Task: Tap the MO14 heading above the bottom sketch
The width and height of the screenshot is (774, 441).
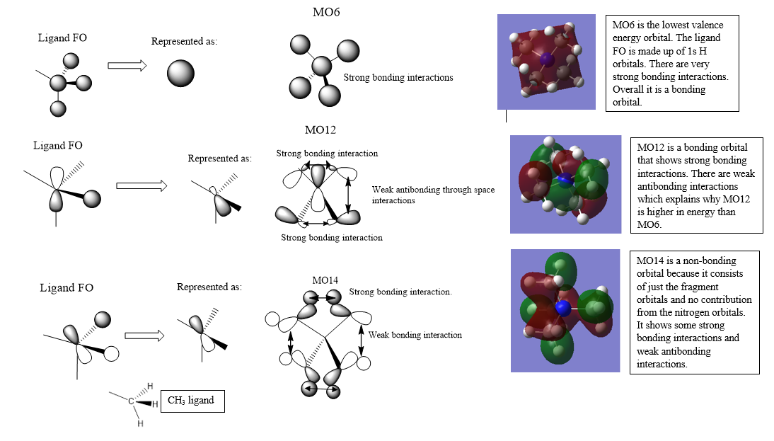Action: (x=325, y=280)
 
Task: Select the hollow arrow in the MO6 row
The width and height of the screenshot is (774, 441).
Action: (x=127, y=66)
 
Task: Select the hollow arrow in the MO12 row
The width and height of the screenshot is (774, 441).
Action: (x=141, y=185)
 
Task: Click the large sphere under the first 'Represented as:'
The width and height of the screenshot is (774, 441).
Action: (x=180, y=74)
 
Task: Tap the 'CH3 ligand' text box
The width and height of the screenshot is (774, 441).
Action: (x=192, y=401)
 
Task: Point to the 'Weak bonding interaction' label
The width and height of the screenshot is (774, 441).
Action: (x=415, y=335)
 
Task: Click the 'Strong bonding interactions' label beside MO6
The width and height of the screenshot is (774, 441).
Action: (x=398, y=77)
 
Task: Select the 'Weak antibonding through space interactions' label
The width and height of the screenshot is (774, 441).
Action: (x=433, y=195)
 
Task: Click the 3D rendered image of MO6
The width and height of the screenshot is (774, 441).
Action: (x=546, y=62)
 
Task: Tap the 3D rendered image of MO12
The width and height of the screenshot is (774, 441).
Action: (x=565, y=184)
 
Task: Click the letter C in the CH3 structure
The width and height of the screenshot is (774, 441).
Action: (x=131, y=401)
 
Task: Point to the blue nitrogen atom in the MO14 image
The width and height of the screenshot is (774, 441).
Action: (x=563, y=309)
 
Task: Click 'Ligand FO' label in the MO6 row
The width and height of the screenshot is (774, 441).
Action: (x=62, y=38)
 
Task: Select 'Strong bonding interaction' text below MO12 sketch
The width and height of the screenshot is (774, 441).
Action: (x=332, y=238)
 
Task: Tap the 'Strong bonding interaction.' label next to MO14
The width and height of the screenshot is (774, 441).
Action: (x=400, y=292)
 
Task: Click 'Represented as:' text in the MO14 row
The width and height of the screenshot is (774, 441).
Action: (x=209, y=287)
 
